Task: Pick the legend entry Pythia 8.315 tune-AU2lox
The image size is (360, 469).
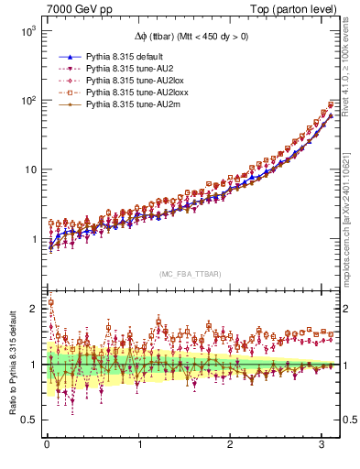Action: pos(130,82)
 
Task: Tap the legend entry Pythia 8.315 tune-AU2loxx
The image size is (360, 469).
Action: pos(133,93)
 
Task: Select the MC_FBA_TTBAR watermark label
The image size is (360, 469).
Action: pos(191,275)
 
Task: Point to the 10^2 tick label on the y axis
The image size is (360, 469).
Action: pos(29,101)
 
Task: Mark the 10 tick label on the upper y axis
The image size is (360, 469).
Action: pos(31,169)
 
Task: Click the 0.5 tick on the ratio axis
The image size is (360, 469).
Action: pos(30,420)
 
